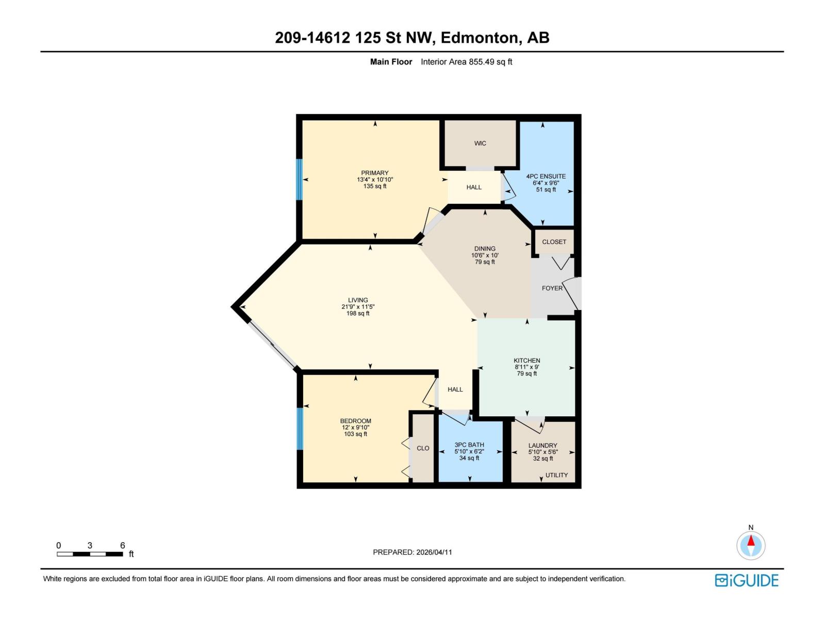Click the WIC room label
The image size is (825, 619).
(480, 143)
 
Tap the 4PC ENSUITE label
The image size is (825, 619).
(546, 176)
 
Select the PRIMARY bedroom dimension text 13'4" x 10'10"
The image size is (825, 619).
(375, 180)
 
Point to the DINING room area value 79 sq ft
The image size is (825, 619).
(485, 262)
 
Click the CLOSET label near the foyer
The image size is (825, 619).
(554, 242)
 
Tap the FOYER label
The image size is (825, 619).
(552, 288)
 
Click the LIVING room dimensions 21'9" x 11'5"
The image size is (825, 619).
(358, 307)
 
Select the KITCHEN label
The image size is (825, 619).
(526, 361)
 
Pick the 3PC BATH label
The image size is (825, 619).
(469, 445)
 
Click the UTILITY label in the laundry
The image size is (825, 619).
(556, 475)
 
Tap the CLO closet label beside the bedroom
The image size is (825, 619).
(423, 448)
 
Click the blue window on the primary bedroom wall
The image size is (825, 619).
(299, 180)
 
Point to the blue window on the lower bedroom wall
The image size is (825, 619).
(300, 429)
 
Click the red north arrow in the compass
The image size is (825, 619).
(751, 541)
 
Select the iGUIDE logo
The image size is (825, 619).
(746, 580)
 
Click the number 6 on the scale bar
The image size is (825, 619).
(123, 545)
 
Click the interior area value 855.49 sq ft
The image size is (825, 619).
(466, 62)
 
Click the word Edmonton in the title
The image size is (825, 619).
(480, 38)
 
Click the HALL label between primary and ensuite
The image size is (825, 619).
(474, 187)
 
